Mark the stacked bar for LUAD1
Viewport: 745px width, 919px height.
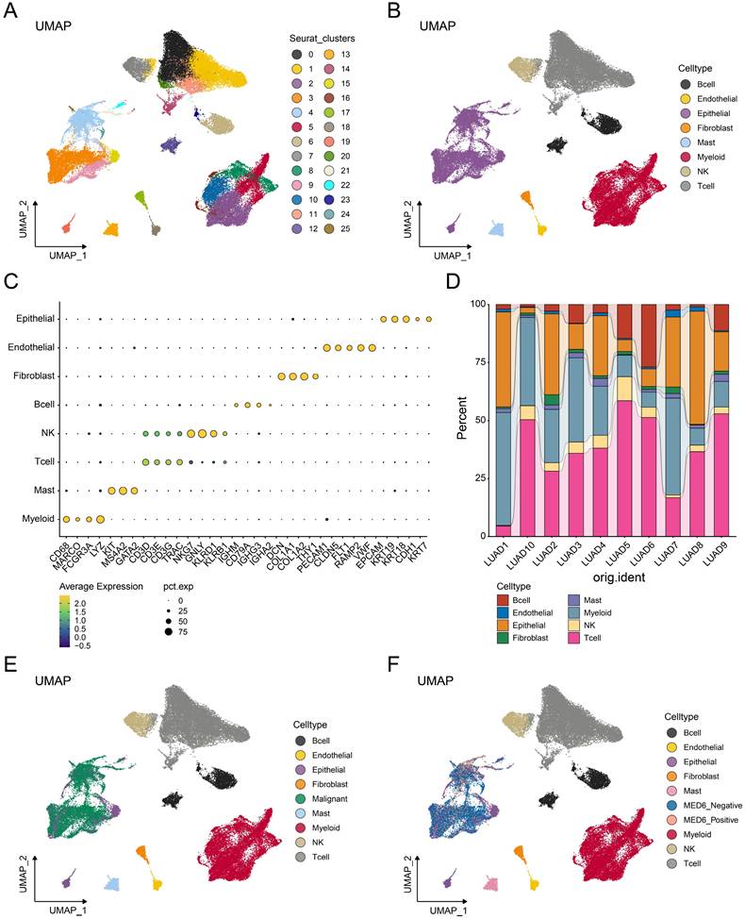pos(504,420)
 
